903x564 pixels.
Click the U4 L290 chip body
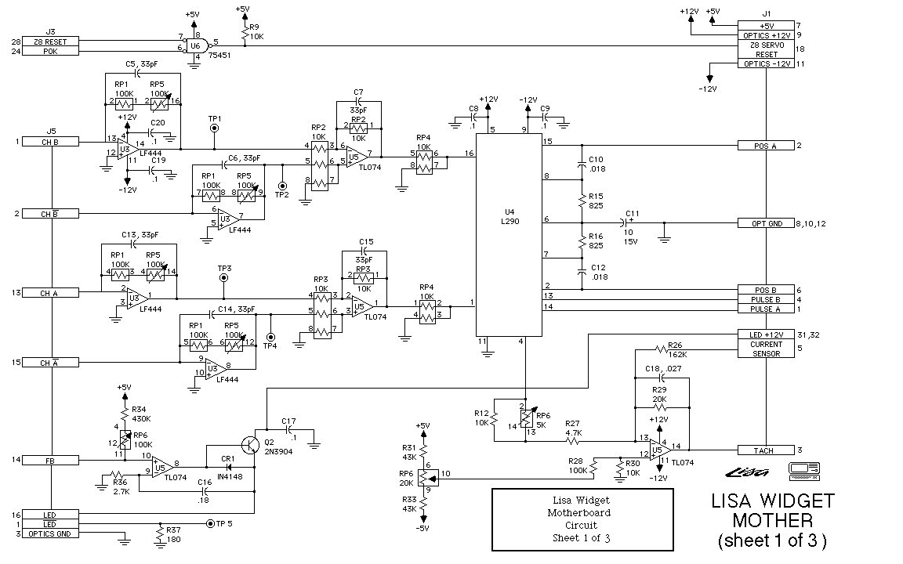point(510,235)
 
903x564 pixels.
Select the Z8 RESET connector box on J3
point(51,41)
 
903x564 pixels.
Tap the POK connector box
point(51,51)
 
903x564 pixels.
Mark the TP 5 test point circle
point(209,522)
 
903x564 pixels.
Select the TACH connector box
point(766,450)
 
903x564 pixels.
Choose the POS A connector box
point(766,146)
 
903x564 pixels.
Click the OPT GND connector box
point(766,223)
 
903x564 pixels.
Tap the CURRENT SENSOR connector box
point(766,349)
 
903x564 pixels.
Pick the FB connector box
point(51,460)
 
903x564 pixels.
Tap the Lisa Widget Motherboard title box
point(582,519)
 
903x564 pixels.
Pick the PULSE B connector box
point(766,299)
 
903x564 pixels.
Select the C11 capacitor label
point(632,212)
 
